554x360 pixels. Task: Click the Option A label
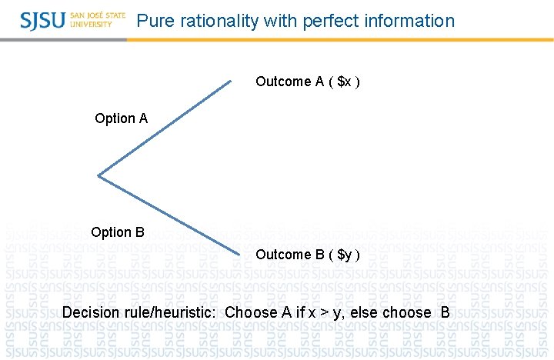[121, 118]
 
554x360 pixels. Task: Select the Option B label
[117, 232]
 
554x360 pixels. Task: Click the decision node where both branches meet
[98, 176]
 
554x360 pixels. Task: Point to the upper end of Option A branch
[229, 81]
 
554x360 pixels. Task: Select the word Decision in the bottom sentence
[93, 312]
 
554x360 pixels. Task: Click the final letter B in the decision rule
[445, 312]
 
